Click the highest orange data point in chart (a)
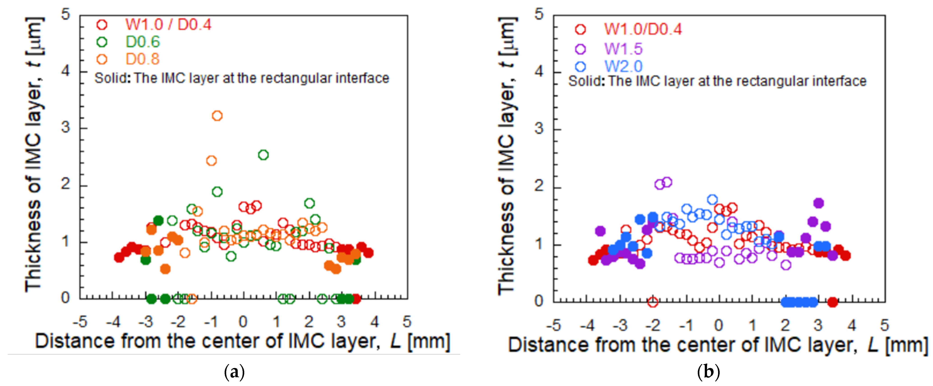[217, 116]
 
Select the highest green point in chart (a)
[263, 155]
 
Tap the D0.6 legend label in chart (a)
[143, 42]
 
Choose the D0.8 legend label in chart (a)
[143, 59]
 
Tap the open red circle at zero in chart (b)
[653, 302]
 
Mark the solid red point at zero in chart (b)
[833, 302]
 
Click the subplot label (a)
[234, 372]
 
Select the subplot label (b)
[708, 372]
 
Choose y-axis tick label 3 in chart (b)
[539, 128]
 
